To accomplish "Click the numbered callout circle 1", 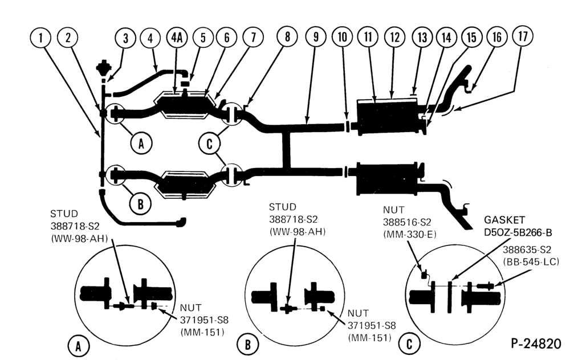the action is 40,38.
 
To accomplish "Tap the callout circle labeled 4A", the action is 177,37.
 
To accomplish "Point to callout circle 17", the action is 523,36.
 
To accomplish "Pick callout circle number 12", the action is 395,37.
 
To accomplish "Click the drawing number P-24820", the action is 536,343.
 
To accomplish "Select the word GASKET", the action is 504,220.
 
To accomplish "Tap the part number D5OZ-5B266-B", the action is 518,232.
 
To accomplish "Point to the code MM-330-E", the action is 410,235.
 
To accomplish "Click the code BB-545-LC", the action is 531,262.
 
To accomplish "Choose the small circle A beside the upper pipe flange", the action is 141,144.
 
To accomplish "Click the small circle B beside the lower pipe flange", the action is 140,204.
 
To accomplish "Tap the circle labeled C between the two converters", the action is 209,144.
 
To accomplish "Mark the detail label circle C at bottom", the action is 409,343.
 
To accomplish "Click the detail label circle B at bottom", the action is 247,344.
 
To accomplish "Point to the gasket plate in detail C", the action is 450,296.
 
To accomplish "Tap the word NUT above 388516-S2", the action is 394,210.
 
